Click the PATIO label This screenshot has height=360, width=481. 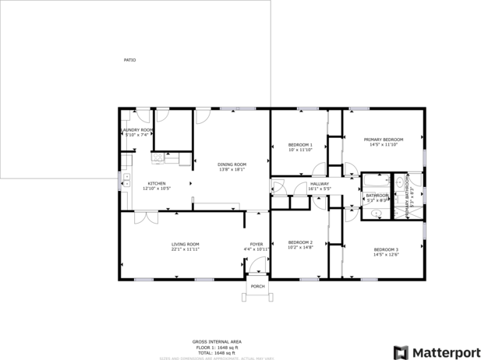click(x=129, y=60)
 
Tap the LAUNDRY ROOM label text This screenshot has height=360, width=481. click(x=136, y=130)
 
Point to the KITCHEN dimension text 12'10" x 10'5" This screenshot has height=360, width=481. click(x=157, y=189)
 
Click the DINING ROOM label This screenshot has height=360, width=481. click(x=232, y=164)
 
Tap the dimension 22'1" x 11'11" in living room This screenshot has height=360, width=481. click(x=186, y=250)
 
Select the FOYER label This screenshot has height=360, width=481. click(x=256, y=245)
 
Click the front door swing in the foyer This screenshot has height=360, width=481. click(x=256, y=266)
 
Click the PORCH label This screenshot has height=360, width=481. click(x=257, y=287)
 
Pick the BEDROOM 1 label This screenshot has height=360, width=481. click(x=300, y=145)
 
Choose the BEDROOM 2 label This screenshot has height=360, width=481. click(x=300, y=242)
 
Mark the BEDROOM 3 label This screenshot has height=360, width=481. click(x=385, y=249)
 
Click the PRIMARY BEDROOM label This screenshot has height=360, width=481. click(x=384, y=139)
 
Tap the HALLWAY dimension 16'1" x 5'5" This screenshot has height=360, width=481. click(x=320, y=189)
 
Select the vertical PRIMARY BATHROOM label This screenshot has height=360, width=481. click(x=406, y=199)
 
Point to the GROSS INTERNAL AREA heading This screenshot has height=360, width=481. click(x=217, y=341)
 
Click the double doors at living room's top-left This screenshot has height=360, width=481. click(x=140, y=217)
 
